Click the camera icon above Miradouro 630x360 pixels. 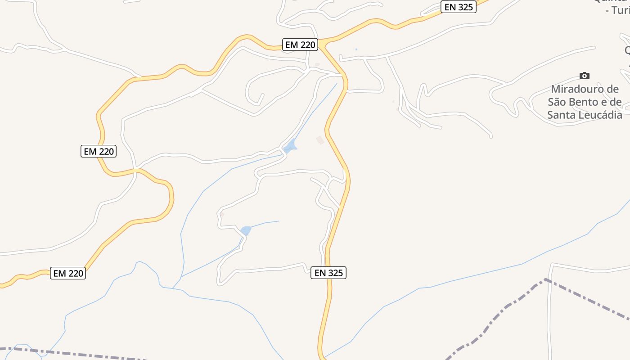click(585, 76)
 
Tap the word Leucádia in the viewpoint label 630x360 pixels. click(599, 115)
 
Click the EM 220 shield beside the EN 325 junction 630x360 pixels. click(301, 45)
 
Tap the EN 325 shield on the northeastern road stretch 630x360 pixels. click(458, 7)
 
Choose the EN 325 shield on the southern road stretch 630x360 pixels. click(328, 273)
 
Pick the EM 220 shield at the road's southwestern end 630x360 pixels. click(68, 273)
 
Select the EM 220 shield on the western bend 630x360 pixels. click(99, 151)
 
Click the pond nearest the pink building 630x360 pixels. click(290, 146)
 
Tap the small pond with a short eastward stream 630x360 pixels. click(246, 231)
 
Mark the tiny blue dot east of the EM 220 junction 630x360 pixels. click(356, 49)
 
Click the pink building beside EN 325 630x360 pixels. click(320, 140)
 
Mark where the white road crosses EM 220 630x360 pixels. click(136, 170)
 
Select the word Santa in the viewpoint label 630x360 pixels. click(561, 115)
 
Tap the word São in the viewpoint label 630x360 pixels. click(558, 102)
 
